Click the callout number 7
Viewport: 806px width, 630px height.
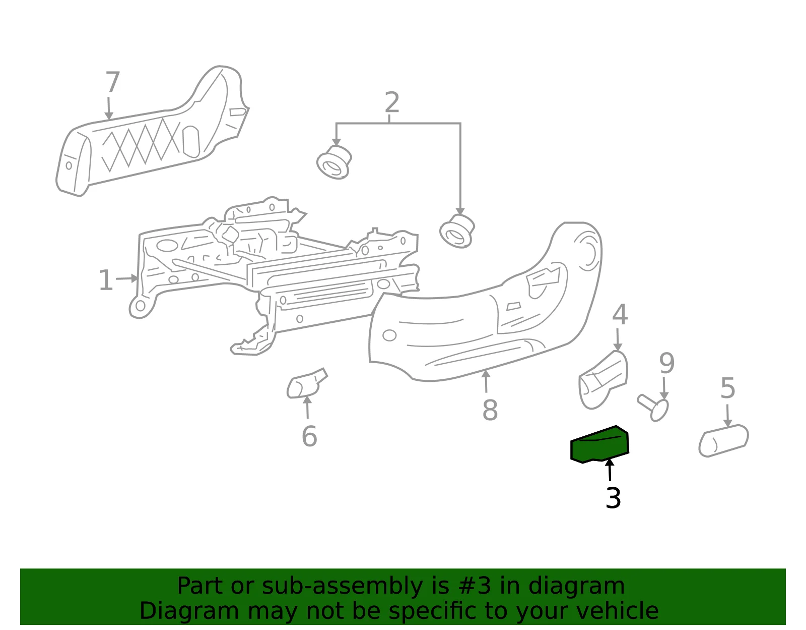click(113, 82)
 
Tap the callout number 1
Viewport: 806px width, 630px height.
click(106, 280)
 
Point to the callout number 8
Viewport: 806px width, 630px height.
click(490, 410)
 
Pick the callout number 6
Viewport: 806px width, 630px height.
click(309, 436)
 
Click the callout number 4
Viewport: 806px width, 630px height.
click(620, 314)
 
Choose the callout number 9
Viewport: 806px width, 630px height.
click(666, 363)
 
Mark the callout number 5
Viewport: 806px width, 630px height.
click(727, 388)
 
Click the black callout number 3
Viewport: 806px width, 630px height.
click(613, 498)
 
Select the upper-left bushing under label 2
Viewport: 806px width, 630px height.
click(334, 162)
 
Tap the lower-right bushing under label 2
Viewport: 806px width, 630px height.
click(457, 231)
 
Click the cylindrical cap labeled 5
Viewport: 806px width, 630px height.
click(723, 441)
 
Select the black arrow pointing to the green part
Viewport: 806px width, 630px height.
click(610, 470)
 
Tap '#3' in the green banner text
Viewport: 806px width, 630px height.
click(474, 586)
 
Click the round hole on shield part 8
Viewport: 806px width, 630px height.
click(389, 335)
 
